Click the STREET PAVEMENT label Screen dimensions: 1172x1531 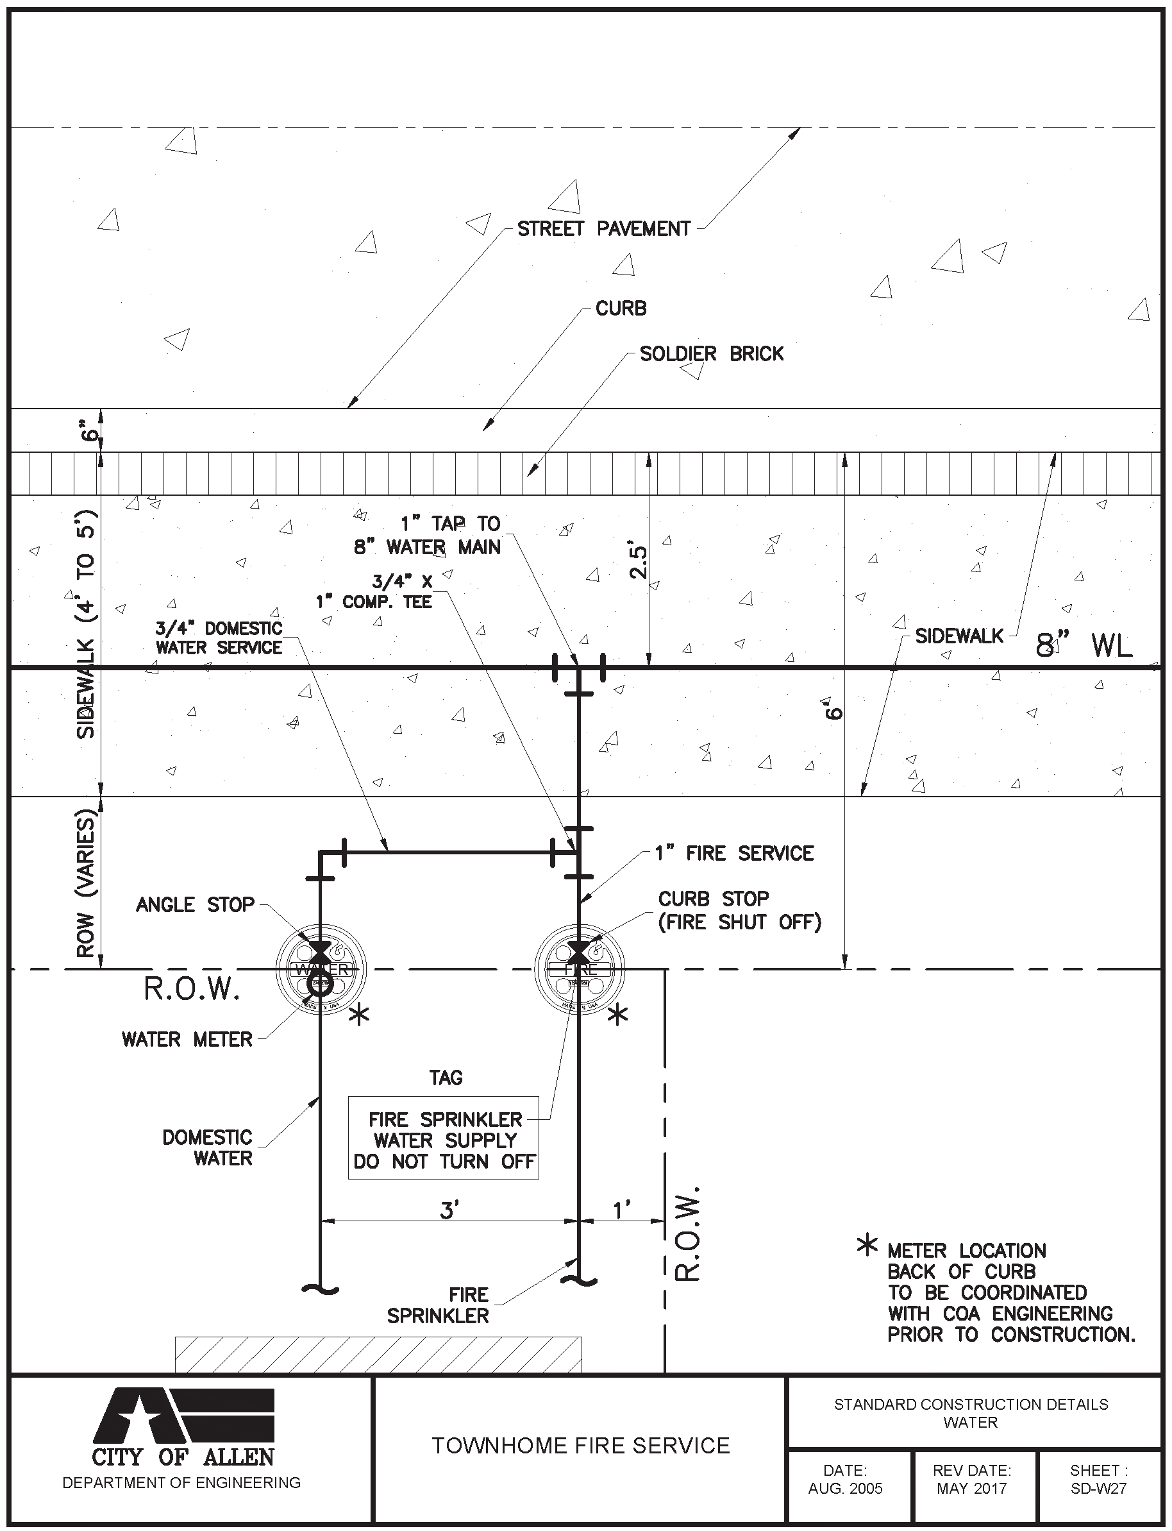coord(603,229)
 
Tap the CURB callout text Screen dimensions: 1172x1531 coord(620,309)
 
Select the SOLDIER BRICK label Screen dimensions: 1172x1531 coord(711,354)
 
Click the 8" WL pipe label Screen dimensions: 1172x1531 coord(1084,645)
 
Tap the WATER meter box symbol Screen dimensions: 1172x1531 coord(321,969)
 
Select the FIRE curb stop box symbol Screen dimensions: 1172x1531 coord(579,969)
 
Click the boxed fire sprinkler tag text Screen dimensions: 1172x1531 coord(444,1140)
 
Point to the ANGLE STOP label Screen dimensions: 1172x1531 coord(195,905)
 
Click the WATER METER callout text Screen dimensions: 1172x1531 coord(187,1039)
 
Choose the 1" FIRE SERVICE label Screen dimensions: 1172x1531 coord(734,854)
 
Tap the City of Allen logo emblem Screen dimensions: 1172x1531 coord(183,1414)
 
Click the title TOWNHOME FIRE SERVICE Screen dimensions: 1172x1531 coord(580,1446)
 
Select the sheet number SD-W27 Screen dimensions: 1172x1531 coord(1098,1489)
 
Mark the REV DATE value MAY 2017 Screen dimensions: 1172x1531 coord(971,1489)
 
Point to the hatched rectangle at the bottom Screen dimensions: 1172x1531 coord(378,1355)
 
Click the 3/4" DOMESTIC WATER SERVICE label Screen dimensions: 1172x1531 coord(219,638)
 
